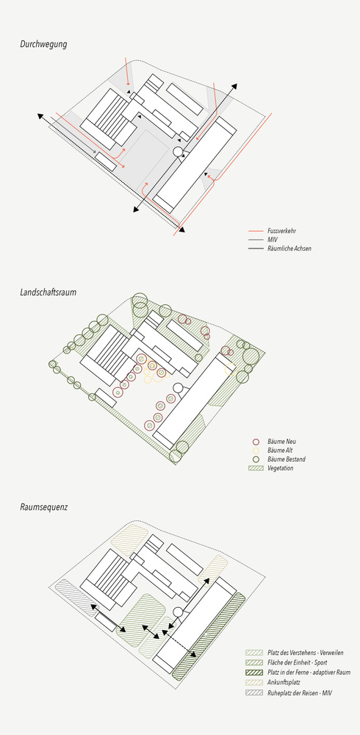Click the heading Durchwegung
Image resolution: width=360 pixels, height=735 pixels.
coord(43,45)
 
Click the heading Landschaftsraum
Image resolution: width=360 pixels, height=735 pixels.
coord(48,293)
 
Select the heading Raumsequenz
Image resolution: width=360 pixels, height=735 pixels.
coord(44,507)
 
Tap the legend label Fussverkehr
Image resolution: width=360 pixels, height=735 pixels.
coord(281,231)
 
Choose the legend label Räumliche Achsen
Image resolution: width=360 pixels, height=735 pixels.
coord(289,248)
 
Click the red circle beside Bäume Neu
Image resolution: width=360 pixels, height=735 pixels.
coord(256,442)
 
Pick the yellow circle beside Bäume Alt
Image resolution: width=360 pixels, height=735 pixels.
coord(256,451)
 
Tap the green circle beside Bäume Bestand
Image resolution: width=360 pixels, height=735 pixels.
coord(256,459)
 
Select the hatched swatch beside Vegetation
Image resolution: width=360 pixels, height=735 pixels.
coord(256,467)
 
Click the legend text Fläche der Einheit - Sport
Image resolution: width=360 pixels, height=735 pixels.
coord(298,663)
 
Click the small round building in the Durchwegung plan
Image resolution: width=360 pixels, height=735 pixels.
coord(178,151)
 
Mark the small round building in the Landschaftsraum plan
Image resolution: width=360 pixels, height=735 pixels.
coord(178,387)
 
